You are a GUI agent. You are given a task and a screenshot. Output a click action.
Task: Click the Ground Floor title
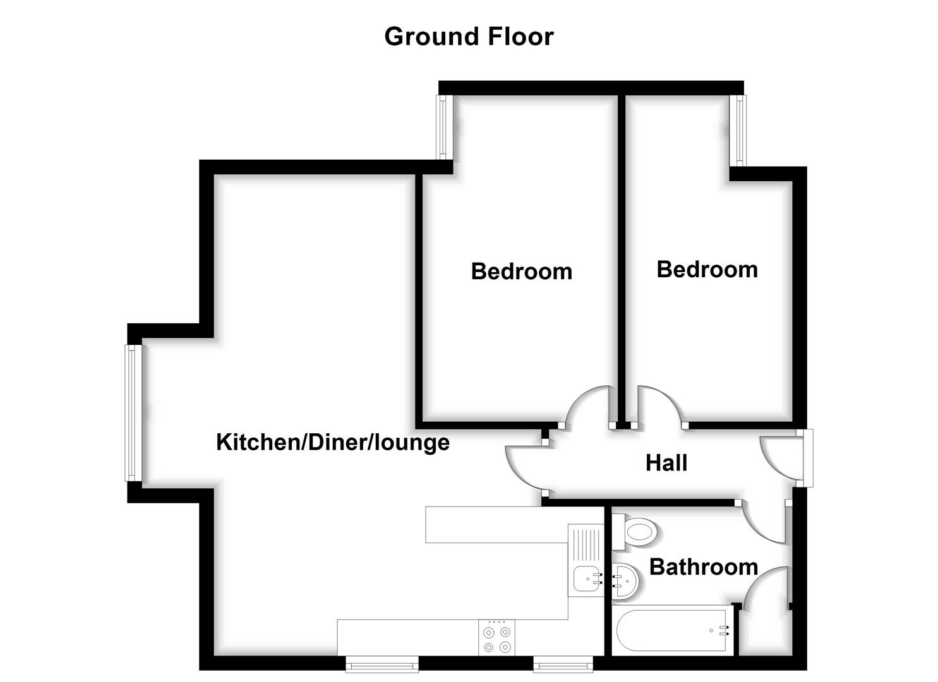tap(469, 37)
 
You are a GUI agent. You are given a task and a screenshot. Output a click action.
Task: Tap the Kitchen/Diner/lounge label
tap(332, 441)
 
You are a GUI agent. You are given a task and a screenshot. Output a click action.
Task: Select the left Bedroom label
tap(521, 271)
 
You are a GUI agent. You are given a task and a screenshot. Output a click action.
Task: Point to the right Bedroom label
tap(707, 269)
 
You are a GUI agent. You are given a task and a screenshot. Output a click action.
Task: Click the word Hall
tap(666, 463)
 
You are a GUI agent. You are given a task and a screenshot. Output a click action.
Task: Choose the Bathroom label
tap(703, 566)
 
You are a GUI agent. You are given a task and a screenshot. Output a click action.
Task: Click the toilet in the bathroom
tap(637, 531)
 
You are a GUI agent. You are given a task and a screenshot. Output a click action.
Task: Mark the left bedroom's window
tap(443, 127)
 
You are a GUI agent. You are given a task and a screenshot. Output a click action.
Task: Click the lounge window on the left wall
tap(132, 412)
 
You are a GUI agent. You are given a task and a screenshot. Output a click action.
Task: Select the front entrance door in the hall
tap(777, 458)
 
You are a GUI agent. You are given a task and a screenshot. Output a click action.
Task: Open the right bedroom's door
tap(661, 407)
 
